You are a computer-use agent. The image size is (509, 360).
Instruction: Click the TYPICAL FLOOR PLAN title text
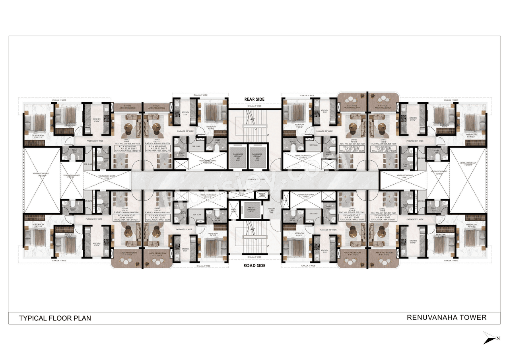55,318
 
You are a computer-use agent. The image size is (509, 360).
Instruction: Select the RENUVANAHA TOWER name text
447,317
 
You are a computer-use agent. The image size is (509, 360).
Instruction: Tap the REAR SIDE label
254,99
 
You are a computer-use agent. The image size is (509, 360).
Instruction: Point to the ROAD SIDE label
254,265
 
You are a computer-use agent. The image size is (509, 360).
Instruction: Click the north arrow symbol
491,338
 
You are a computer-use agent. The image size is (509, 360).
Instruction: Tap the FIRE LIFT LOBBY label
272,211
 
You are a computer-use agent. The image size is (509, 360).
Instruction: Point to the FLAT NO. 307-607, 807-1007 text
352,144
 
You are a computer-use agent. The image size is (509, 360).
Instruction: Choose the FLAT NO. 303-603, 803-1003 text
157,213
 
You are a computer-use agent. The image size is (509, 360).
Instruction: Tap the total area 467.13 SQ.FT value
157,151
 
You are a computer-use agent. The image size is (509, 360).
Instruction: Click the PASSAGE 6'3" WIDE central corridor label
254,180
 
